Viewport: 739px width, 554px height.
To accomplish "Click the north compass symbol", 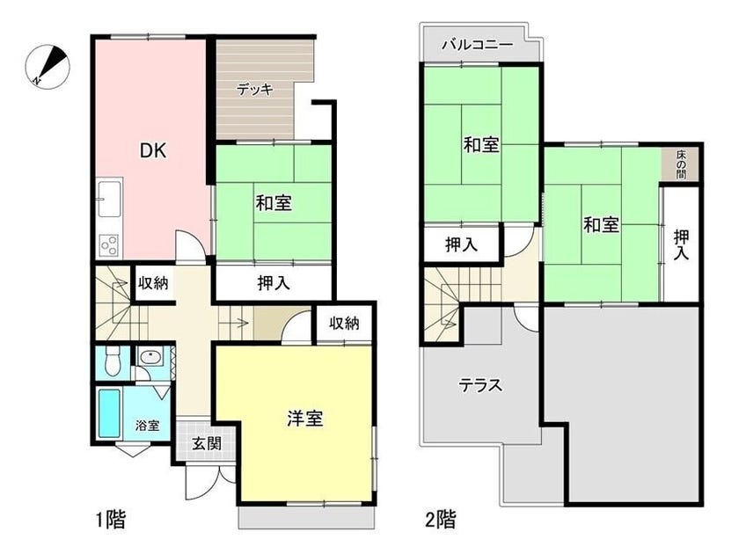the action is click(x=47, y=67).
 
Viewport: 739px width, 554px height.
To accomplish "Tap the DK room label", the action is click(x=153, y=150).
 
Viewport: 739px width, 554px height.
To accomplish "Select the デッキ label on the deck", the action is click(x=255, y=89).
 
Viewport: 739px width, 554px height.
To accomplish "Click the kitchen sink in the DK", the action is click(x=109, y=199).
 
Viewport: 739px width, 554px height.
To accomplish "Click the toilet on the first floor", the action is click(x=113, y=361).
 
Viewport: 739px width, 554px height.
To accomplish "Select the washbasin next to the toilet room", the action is click(x=150, y=357).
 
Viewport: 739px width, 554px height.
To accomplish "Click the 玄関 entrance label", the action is click(x=207, y=443).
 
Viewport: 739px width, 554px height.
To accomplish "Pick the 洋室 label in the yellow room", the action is click(x=305, y=418).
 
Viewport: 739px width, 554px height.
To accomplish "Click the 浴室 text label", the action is click(x=147, y=426).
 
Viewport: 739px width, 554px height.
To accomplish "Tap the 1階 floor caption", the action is click(x=110, y=520).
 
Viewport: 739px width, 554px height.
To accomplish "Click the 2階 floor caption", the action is click(x=441, y=520).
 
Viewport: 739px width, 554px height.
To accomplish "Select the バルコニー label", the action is click(x=477, y=45).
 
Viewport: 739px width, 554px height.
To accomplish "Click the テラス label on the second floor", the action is click(x=480, y=386).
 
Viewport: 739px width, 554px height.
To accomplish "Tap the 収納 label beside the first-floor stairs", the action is click(x=153, y=283).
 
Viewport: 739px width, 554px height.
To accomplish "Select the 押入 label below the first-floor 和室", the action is click(x=274, y=283).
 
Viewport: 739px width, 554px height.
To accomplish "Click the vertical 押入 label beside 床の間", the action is click(x=681, y=244).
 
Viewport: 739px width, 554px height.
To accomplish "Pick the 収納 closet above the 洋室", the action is click(x=344, y=324).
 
